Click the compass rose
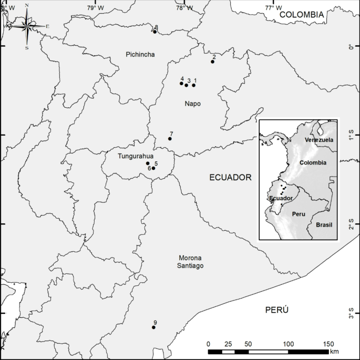point(27,25)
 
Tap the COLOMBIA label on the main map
point(301,15)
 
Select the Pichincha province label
point(140,54)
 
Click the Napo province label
point(192,104)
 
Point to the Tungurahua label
point(136,156)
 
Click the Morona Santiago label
point(191,262)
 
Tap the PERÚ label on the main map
point(277,310)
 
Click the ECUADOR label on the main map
point(230,178)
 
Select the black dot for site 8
point(155,32)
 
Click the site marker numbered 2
point(212,61)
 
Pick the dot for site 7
point(170,139)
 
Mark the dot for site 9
point(153,327)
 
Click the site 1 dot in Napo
point(193,85)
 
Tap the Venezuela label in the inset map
point(319,140)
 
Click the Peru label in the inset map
point(299,214)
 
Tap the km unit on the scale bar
point(334,352)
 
